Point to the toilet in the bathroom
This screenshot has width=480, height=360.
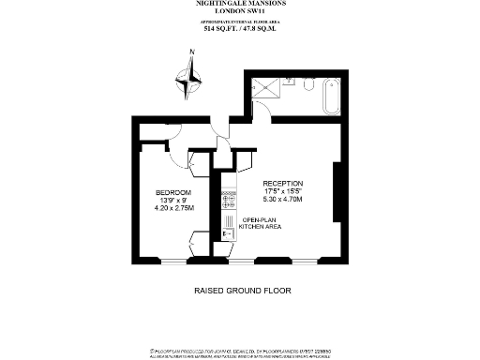coord(309,84)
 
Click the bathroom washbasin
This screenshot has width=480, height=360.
coord(290,82)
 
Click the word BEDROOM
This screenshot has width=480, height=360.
coord(173,192)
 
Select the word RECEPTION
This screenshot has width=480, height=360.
coord(283,183)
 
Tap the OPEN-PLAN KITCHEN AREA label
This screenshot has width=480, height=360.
coord(261,223)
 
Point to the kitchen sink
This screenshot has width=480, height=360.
coord(226,234)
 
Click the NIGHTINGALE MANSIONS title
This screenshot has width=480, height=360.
coord(240,5)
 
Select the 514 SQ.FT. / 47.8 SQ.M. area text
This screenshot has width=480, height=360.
coord(240,29)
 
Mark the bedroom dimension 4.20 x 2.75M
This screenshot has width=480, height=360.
coord(173,208)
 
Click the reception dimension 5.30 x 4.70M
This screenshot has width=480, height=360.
coord(283,199)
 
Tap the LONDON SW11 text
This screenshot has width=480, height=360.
coord(240,12)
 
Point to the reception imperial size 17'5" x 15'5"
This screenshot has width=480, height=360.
coord(283,191)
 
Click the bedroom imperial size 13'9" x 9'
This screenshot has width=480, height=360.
coord(173,201)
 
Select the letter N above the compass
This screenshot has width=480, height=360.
coord(191,52)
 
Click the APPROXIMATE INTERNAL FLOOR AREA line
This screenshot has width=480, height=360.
coord(240,22)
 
